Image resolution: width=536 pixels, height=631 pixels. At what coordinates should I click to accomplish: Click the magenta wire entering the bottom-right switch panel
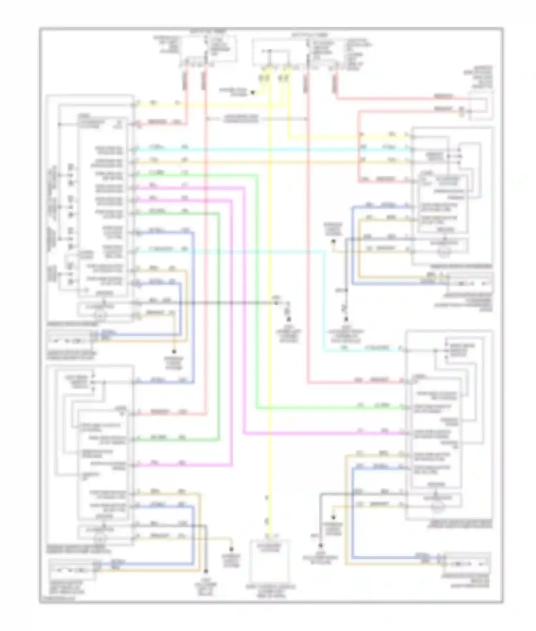pos(322,433)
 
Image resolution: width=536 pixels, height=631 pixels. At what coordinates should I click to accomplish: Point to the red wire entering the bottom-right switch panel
pos(357,383)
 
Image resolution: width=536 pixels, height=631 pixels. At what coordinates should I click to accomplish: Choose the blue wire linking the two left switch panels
pos(194,307)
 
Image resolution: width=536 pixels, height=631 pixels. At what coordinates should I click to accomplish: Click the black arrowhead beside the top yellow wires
pos(252,93)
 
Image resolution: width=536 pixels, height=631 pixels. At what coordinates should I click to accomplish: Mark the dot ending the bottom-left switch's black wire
pos(206,572)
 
